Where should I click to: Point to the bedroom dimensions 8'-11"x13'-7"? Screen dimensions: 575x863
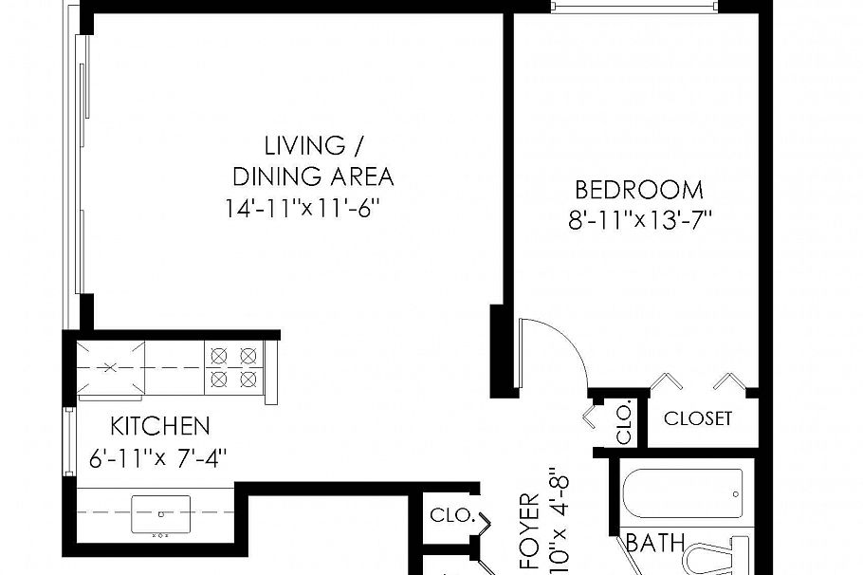[639, 221]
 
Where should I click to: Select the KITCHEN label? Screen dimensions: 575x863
[159, 425]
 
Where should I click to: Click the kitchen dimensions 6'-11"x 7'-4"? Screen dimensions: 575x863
[157, 457]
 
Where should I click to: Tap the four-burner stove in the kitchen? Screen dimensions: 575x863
[234, 367]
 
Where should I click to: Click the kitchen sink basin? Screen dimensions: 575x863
[161, 513]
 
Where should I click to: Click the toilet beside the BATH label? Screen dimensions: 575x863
[721, 557]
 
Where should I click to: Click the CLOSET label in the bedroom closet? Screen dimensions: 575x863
[698, 418]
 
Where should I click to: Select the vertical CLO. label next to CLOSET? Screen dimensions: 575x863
[624, 423]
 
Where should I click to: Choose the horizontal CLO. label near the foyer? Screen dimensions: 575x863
[451, 516]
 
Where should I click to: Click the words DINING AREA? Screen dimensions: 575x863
[313, 176]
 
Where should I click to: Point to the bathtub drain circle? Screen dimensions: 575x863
[737, 494]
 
